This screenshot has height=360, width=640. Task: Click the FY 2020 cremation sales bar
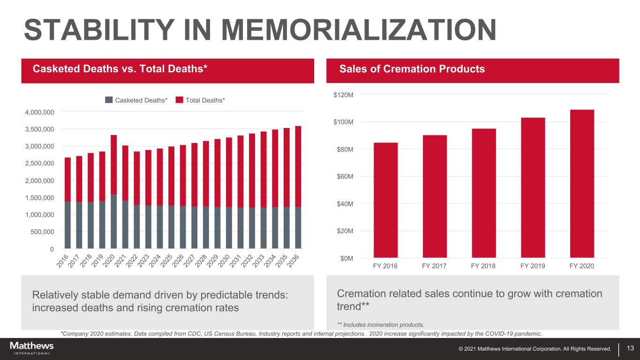point(582,183)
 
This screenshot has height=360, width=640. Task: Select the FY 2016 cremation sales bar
point(385,200)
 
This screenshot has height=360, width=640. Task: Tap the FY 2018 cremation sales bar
point(484,193)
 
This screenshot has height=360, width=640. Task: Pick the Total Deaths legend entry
point(201,100)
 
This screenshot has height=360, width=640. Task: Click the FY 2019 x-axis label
point(533,266)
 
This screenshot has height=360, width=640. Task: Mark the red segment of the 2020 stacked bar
point(113,164)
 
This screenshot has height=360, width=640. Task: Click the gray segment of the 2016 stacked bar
point(68,225)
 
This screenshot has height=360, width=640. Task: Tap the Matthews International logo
point(32,348)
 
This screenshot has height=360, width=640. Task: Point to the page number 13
point(630,348)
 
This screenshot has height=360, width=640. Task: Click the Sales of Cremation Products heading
point(412,69)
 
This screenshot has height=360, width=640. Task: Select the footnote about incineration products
point(380,324)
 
